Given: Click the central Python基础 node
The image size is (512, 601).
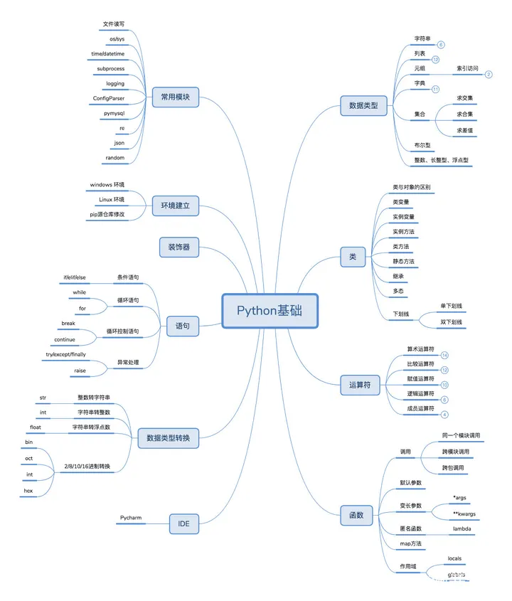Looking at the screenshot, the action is pos(270,312).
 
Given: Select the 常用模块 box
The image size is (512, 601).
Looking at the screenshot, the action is pos(175,97).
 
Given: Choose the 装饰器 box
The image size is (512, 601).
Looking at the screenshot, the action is pos(178,248).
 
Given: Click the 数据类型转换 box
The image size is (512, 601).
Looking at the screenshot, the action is pos(168,438).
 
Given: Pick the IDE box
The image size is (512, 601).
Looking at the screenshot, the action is pos(183,525).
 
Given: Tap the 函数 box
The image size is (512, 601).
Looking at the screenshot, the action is pos(356,515).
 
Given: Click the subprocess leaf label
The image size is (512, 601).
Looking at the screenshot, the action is pos(111,69).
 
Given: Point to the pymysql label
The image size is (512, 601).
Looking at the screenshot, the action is pos(114,113).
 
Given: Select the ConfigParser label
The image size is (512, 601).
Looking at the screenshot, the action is pos(109,98).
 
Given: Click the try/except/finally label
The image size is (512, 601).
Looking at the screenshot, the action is pos(65,354).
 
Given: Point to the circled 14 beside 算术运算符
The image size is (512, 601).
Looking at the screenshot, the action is pos(444,355).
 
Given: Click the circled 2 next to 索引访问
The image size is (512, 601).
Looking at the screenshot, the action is pos(489,74).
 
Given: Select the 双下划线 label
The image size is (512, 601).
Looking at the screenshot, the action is pos(451,322).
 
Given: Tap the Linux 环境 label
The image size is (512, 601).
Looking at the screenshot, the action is pos(111,199).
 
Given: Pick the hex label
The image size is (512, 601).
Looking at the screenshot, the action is pos(29,491).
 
